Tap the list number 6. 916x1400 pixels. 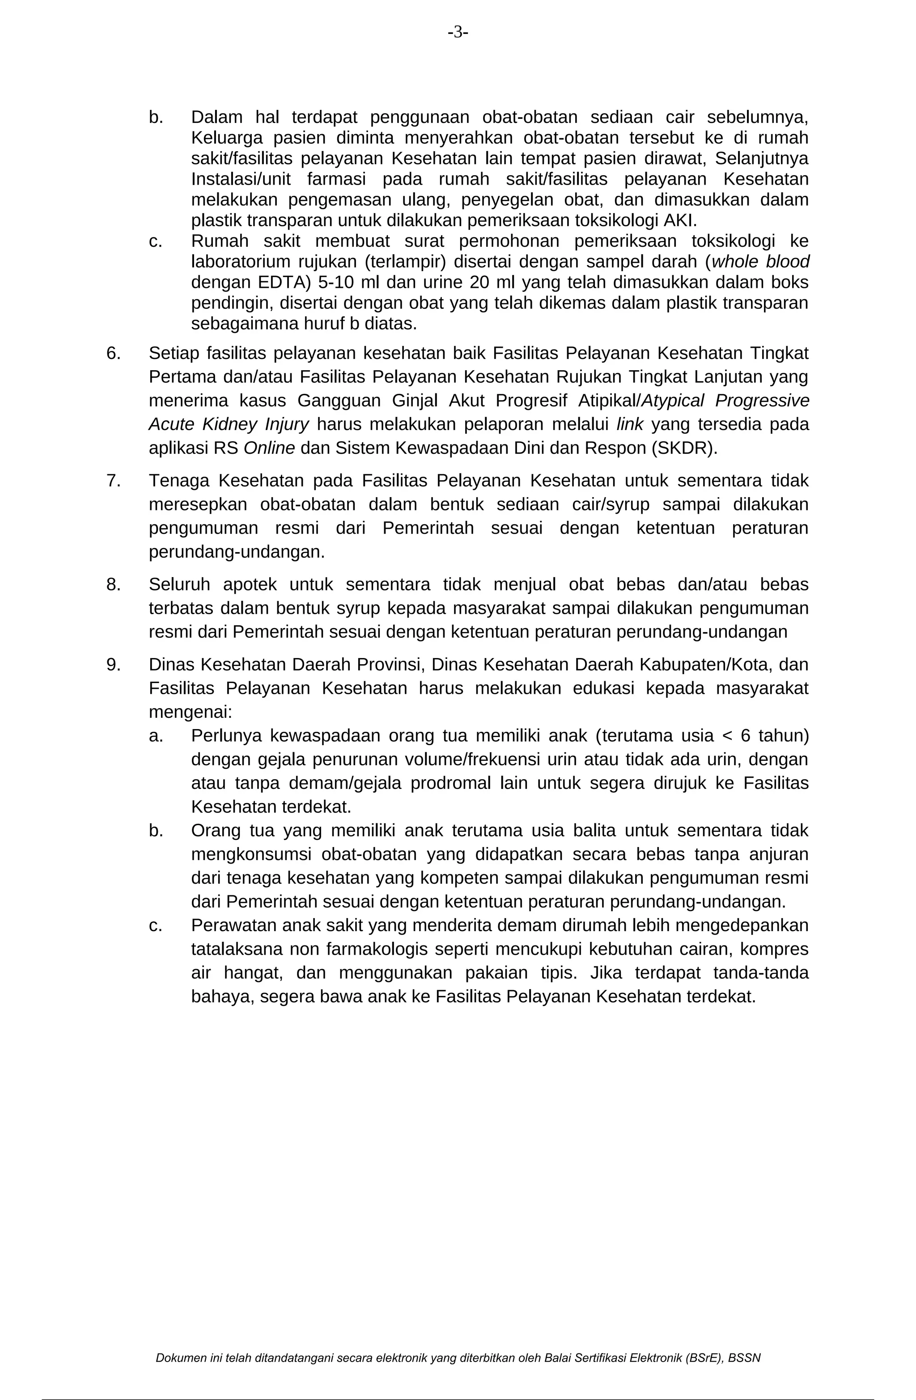coord(113,353)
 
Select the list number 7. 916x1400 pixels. coord(113,481)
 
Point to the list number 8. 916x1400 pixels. coord(113,584)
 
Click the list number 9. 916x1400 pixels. coord(113,664)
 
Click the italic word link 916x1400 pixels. coord(629,424)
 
